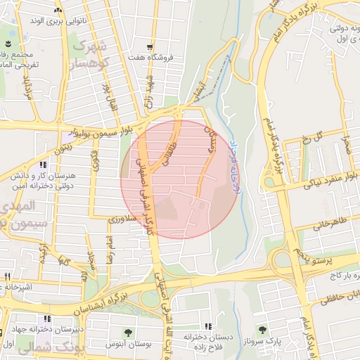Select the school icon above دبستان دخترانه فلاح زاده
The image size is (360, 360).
point(208,326)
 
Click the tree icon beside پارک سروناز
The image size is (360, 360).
point(262,329)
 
